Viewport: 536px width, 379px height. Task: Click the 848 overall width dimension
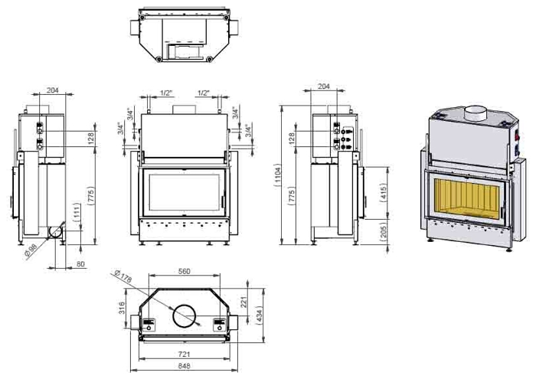pos(184,366)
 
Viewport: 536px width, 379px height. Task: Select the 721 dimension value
pos(184,354)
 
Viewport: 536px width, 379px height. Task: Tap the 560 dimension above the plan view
pos(184,271)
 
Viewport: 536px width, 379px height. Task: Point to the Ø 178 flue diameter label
pos(123,276)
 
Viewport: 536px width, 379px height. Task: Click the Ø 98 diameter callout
pos(31,253)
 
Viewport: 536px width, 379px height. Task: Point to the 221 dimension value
pos(244,302)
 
